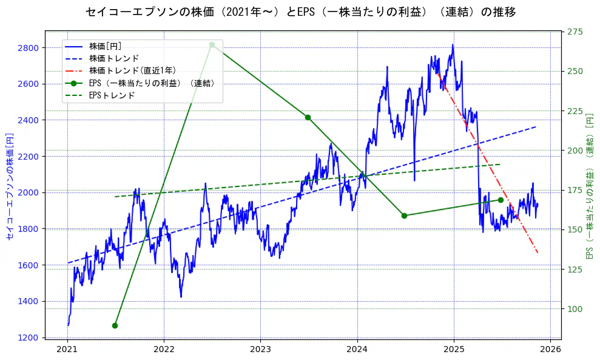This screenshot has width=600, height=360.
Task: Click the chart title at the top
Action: pyautogui.click(x=300, y=12)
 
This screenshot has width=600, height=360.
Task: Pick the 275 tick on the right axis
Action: pyautogui.click(x=576, y=32)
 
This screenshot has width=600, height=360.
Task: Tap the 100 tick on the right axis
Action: pyautogui.click(x=576, y=309)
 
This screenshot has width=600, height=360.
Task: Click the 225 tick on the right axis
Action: pyautogui.click(x=576, y=111)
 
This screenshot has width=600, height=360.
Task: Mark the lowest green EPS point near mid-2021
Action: pyautogui.click(x=115, y=325)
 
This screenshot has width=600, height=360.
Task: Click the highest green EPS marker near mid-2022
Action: pyautogui.click(x=212, y=44)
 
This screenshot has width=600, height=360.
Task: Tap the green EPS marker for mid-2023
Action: pyautogui.click(x=308, y=117)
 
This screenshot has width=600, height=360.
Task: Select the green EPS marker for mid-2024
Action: pyautogui.click(x=404, y=216)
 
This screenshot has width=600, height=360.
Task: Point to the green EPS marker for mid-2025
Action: pyautogui.click(x=501, y=200)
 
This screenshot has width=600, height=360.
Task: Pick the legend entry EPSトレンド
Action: pyautogui.click(x=112, y=95)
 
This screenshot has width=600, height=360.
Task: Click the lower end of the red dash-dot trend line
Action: pyautogui.click(x=538, y=253)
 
